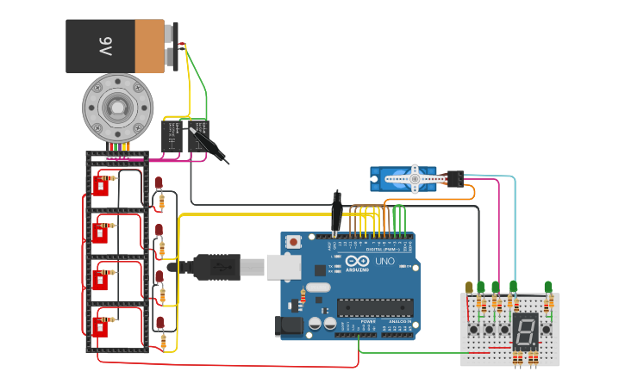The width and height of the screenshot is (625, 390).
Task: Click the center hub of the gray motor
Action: coord(116,108)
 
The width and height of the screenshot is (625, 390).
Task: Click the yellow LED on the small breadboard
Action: coord(469,288)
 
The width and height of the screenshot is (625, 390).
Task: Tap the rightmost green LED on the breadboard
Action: coord(547,287)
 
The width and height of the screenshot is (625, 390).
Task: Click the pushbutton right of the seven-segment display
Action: coord(546,329)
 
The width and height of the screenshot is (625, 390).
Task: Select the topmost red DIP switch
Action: coord(100,185)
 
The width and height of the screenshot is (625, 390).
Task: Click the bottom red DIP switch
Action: coord(103,326)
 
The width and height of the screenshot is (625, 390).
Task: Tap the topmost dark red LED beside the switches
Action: coord(159,183)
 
